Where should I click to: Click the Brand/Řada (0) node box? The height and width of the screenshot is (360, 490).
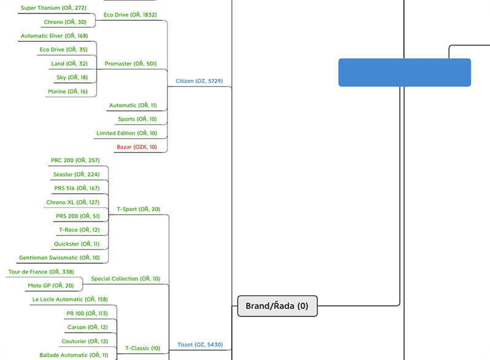277,305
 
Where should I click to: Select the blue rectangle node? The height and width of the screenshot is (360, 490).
405,72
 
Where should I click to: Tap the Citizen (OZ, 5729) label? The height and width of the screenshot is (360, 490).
199,81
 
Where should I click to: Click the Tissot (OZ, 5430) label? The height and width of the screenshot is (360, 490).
199,345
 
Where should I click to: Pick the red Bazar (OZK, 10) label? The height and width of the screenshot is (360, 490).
137,147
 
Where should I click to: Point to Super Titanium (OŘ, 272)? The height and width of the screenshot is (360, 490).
53,8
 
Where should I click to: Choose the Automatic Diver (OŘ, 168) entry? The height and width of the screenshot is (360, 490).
54,36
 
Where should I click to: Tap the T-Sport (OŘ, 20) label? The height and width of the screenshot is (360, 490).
138,209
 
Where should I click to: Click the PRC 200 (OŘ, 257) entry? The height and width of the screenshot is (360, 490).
75,160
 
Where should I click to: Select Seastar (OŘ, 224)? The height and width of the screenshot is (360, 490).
76,174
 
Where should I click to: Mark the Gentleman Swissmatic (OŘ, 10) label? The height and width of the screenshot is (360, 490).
59,258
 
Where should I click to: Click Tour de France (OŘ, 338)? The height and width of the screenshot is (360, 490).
41,272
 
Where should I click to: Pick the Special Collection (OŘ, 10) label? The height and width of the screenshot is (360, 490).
125,278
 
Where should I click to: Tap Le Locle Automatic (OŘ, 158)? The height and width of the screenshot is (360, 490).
70,299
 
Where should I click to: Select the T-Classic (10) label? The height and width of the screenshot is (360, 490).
142,348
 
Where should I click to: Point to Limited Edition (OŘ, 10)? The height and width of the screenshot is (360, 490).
126,133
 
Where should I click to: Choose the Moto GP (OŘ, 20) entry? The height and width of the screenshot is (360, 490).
50,285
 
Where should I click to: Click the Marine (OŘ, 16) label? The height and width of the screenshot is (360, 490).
67,91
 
